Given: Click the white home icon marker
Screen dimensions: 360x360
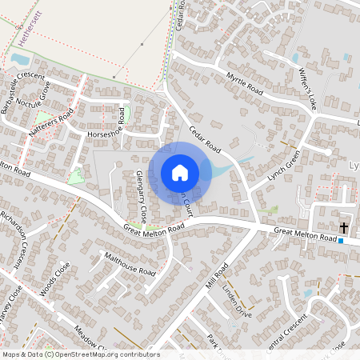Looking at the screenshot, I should pos(180,172).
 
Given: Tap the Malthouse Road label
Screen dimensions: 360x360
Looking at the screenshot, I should pos(130,264).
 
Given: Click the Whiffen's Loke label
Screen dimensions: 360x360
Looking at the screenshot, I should pos(307,90).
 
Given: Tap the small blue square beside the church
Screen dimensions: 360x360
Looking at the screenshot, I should pos(341,240).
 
